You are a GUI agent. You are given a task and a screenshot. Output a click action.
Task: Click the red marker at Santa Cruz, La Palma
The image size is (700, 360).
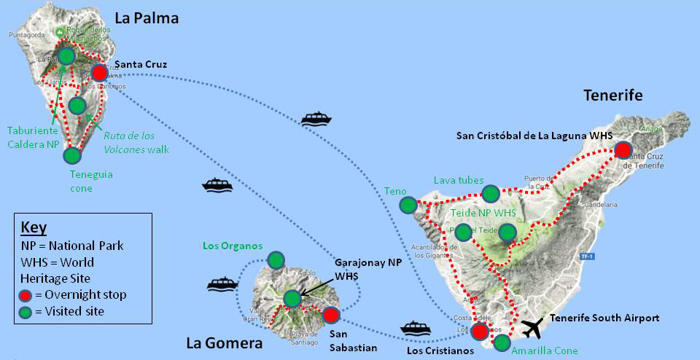pyautogui.click(x=100, y=72)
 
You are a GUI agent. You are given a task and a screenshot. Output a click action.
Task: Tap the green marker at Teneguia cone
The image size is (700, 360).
pyautogui.click(x=71, y=154)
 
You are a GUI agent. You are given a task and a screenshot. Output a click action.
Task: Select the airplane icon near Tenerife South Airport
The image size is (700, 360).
pyautogui.click(x=534, y=329)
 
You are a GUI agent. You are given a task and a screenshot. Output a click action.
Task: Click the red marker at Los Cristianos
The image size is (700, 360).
pyautogui.click(x=479, y=332)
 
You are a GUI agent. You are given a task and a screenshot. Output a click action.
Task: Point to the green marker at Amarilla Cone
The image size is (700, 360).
pyautogui.click(x=502, y=342)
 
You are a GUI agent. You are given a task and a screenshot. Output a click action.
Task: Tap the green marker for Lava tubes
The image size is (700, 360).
pyautogui.click(x=491, y=193)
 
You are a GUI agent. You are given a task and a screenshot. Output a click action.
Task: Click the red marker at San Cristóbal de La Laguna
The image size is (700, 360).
pyautogui.click(x=623, y=150)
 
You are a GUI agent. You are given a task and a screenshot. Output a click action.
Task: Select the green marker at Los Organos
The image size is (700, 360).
pyautogui.click(x=276, y=259)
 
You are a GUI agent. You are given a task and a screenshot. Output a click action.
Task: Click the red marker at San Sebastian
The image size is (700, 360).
pyautogui.click(x=330, y=315)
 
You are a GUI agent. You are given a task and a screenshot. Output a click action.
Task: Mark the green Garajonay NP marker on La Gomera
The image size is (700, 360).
pyautogui.click(x=292, y=298)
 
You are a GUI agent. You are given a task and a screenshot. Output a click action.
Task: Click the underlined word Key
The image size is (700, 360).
pyautogui.click(x=34, y=225)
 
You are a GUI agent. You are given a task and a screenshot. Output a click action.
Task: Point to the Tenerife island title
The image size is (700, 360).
pyautogui.click(x=612, y=95)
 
